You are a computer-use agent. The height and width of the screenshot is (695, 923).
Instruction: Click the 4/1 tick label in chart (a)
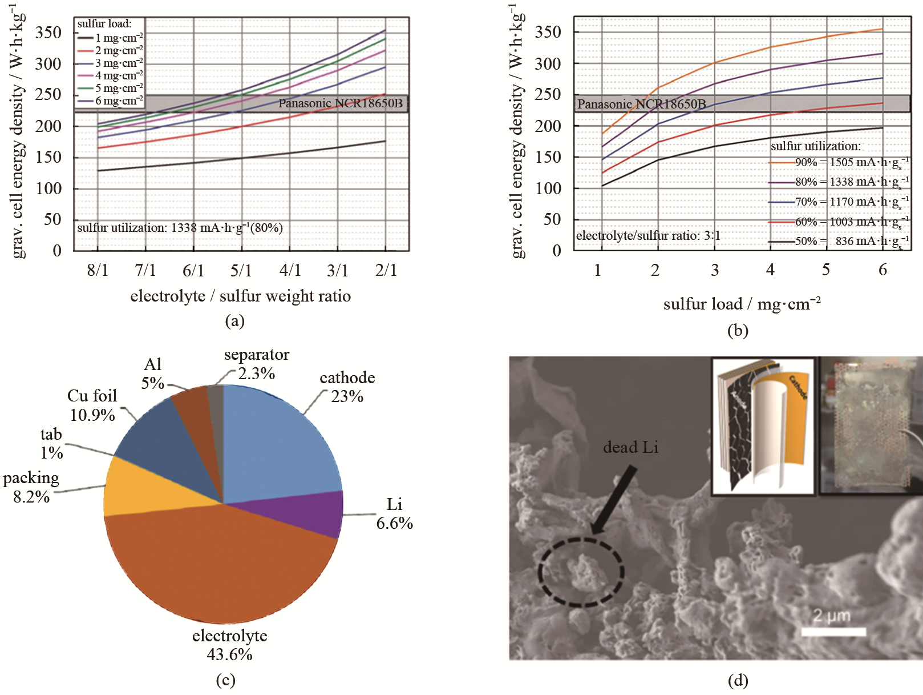click(x=290, y=270)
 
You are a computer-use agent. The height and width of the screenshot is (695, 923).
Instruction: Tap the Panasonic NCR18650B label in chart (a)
click(x=340, y=103)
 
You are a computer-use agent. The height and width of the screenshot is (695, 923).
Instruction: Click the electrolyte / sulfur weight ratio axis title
click(x=240, y=296)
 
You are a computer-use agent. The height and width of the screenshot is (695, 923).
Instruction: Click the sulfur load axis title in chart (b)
click(x=742, y=304)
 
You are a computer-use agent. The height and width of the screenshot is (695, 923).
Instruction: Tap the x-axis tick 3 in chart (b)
click(x=714, y=270)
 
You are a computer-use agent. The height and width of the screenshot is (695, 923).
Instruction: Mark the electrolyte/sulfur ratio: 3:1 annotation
click(x=648, y=235)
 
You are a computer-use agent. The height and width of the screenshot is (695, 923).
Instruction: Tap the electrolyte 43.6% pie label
click(x=229, y=645)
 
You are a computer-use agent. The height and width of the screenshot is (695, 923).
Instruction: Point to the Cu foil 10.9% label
click(x=92, y=405)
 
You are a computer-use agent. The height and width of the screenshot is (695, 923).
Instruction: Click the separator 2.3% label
click(x=257, y=364)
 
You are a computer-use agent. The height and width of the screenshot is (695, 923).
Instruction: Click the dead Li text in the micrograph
click(x=630, y=447)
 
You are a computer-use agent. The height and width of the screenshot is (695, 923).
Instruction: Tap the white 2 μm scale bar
click(x=833, y=632)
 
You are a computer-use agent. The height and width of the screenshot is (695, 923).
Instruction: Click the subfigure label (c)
click(x=226, y=680)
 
